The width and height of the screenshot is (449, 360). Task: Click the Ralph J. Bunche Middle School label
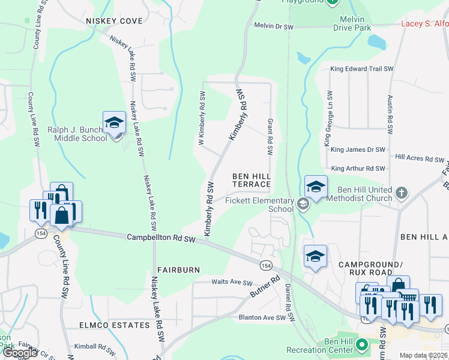click(77, 133)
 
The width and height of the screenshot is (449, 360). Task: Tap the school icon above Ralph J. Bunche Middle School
click(113, 123)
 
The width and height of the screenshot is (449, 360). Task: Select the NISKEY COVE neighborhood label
click(114, 21)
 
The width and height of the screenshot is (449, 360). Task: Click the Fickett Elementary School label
click(259, 205)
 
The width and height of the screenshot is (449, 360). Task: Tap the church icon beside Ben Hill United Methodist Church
click(402, 194)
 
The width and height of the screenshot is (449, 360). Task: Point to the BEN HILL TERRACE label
click(252, 180)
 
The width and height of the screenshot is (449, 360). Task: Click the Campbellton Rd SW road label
click(161, 239)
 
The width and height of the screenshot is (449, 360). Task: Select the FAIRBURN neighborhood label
click(178, 270)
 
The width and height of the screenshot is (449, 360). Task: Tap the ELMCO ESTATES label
click(114, 325)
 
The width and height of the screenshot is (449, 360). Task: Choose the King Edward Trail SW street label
click(361, 69)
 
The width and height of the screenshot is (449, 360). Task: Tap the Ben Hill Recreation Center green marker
click(362, 345)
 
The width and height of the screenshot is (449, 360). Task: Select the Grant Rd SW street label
click(271, 136)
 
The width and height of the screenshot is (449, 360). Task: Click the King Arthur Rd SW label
click(358, 169)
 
